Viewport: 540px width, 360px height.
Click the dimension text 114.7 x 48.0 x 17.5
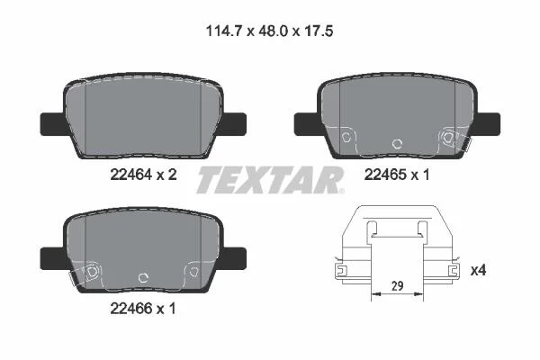(269, 31)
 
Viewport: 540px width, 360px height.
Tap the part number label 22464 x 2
(143, 175)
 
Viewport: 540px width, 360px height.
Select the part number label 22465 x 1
(397, 175)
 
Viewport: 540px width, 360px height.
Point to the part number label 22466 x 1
(143, 309)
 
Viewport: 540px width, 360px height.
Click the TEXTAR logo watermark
(270, 179)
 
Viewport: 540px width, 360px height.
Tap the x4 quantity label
(479, 270)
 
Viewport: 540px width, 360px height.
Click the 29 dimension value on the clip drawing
(398, 286)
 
